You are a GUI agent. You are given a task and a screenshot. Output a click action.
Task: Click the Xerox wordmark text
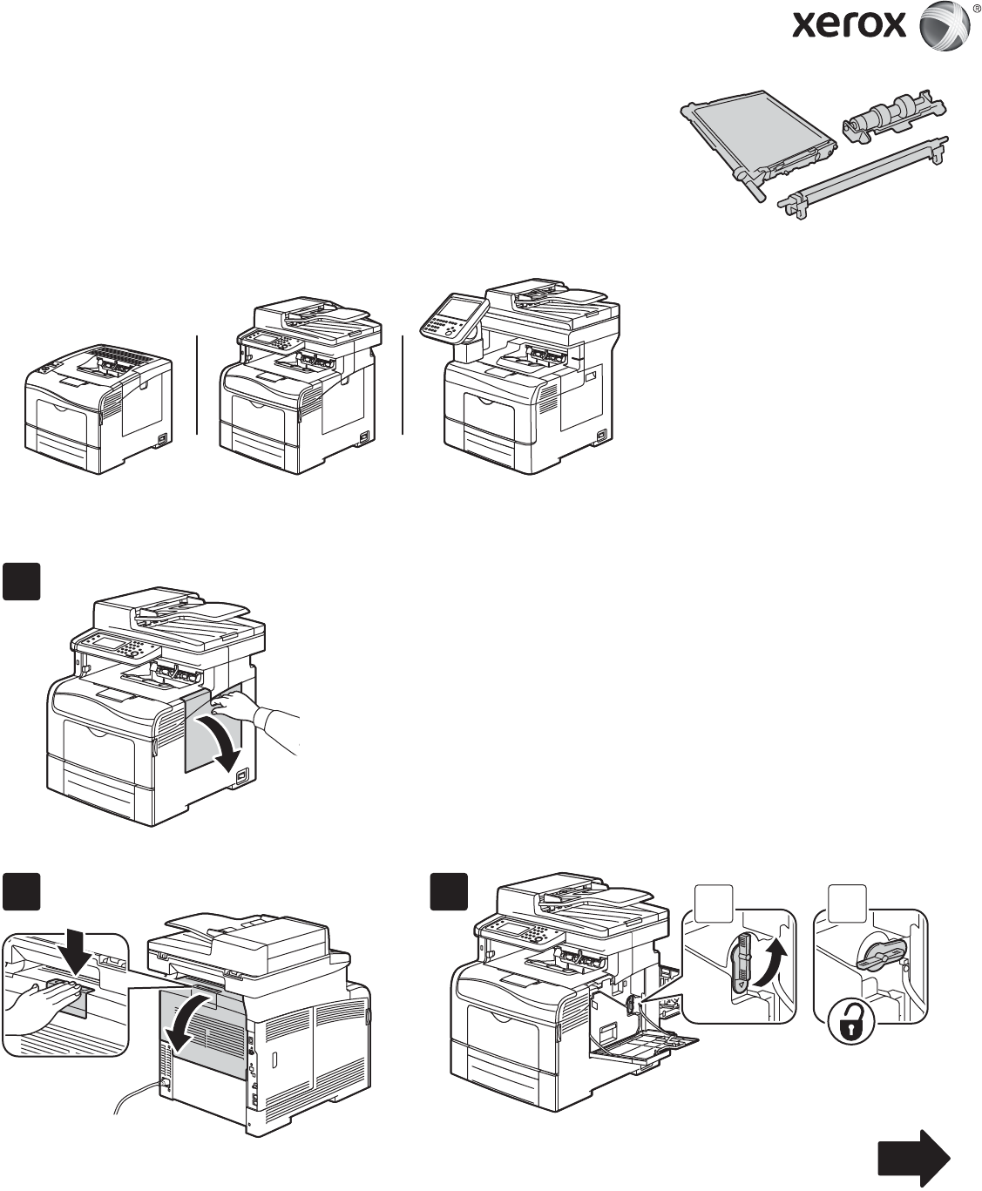coord(849,25)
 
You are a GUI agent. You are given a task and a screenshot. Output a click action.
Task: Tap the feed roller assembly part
coord(894,117)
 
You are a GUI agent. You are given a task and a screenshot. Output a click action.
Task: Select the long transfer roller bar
coord(863,178)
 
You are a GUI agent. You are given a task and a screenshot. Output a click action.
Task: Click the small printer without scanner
coord(98,408)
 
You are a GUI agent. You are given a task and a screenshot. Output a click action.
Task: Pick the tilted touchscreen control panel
coord(454,316)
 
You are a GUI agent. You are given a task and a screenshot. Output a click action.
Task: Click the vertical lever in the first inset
coord(742,959)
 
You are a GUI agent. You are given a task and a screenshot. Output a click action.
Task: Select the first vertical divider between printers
coord(197,385)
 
